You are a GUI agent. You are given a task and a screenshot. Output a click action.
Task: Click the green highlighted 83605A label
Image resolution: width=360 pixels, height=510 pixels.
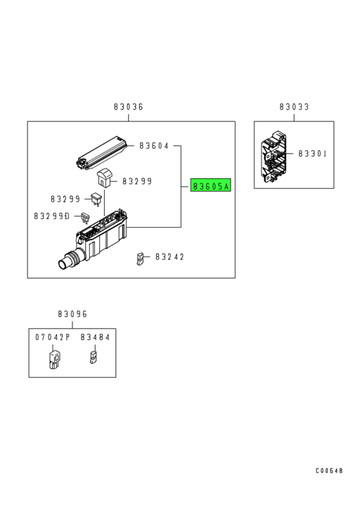pos(211,187)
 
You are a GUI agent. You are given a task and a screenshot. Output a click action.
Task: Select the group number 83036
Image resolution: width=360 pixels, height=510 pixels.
pos(128,107)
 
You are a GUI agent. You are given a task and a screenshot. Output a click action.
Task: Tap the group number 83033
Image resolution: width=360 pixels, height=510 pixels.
pos(294,107)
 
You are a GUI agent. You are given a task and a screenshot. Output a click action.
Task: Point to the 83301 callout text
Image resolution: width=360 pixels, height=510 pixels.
pos(313,153)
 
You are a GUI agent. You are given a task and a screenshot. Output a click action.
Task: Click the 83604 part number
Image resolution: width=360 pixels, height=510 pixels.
pos(154,146)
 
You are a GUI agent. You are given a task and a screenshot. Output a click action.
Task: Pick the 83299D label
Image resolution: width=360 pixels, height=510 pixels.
pos(51,216)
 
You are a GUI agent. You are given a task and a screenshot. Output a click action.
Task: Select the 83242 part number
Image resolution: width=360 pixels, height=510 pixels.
pos(169,257)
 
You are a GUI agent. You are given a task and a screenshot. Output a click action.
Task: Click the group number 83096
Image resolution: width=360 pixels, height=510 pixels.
pos(72,314)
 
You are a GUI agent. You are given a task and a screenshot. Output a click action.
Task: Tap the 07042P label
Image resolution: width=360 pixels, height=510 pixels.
pos(53,338)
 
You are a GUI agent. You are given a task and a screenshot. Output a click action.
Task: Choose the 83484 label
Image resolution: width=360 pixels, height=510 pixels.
pos(95,338)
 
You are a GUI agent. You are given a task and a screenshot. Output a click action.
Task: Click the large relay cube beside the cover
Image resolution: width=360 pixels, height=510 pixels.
pos(107,178)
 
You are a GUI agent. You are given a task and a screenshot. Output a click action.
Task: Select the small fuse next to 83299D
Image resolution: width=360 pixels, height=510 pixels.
pos(86,217)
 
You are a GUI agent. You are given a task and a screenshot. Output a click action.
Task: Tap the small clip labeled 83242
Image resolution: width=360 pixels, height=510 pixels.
pos(141,259)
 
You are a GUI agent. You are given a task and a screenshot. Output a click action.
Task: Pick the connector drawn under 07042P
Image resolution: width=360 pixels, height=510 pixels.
pos(52,359)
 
